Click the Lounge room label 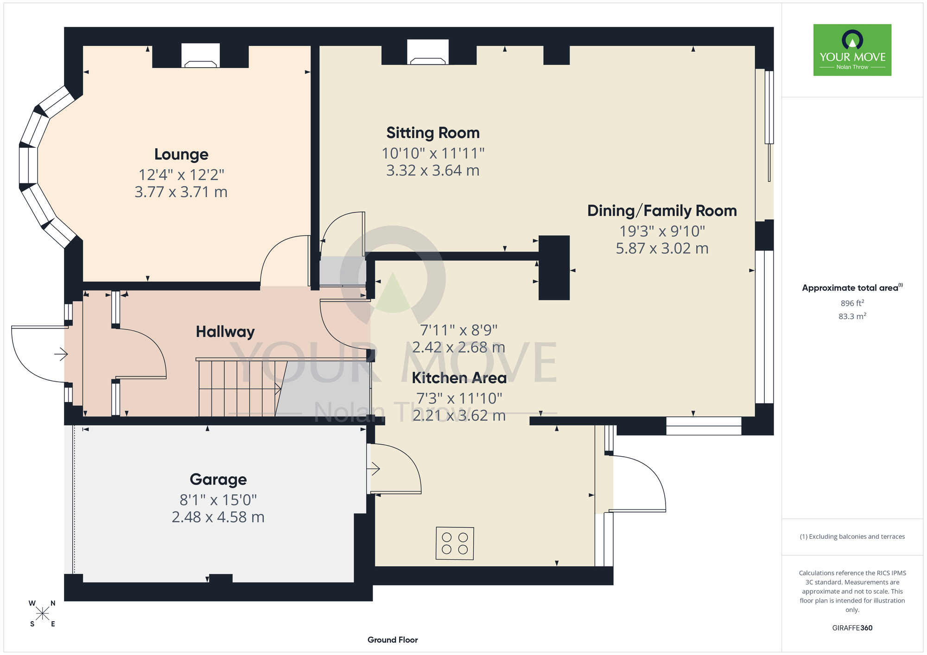pos(181,154)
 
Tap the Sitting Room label pos(433,133)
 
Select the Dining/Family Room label pos(662,211)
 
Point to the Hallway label pos(225,332)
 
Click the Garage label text pos(218,479)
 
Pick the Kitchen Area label pos(459,378)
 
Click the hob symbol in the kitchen pos(455,543)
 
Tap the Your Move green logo pos(852,50)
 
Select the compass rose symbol pos(42,614)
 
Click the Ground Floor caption pos(393,640)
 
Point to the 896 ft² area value pos(852,303)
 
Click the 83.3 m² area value pos(852,316)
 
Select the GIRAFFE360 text pos(852,628)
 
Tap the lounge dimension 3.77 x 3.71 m pos(181,192)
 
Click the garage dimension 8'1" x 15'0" pos(218,500)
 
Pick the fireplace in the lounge pos(200,56)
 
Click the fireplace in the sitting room pos(428,52)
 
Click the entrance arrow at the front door pos(61,355)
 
